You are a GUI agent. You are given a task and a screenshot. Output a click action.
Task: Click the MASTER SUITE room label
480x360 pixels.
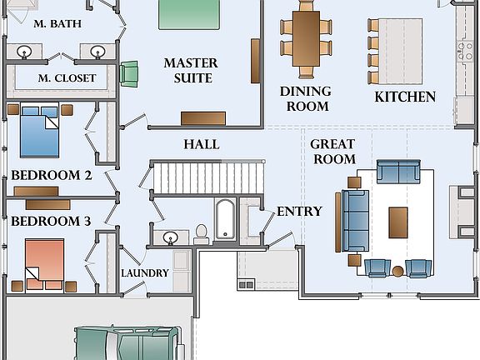pos(191,70)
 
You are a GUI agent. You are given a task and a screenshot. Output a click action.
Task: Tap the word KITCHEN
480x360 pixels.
pos(405,97)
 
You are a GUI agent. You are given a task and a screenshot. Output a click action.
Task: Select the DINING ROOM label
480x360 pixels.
pos(306,99)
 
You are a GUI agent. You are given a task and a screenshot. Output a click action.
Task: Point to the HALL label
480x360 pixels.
pos(202,144)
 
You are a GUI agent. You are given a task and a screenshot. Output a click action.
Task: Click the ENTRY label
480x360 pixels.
pos(299,211)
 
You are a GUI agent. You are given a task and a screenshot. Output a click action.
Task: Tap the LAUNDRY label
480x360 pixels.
pos(145,273)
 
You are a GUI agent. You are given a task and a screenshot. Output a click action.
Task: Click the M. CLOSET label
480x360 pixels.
pos(67,78)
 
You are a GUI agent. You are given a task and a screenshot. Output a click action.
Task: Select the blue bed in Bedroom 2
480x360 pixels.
pos(39,132)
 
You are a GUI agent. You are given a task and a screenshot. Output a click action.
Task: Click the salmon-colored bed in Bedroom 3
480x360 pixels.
pos(45,265)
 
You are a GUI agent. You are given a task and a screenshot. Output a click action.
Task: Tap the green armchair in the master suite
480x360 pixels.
pos(128,73)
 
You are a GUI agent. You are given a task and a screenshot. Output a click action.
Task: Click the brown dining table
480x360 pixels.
pos(306,38)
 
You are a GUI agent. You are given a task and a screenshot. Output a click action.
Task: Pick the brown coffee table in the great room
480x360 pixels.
pos(398,222)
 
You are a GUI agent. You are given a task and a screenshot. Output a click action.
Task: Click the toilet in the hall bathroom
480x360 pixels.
pos(201,234)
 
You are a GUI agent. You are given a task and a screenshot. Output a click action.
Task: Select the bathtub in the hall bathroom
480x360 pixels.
pos(225,219)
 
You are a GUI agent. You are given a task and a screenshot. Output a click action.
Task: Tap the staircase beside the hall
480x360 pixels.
pos(208,177)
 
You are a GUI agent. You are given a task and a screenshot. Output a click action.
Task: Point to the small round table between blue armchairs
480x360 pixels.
pos(398,271)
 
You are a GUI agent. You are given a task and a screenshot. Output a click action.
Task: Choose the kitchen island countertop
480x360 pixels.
pos(401,51)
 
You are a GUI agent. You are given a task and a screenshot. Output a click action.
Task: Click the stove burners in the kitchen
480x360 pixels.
pos(464,51)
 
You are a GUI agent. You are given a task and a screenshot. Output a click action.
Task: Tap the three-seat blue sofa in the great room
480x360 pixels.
pos(355,221)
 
